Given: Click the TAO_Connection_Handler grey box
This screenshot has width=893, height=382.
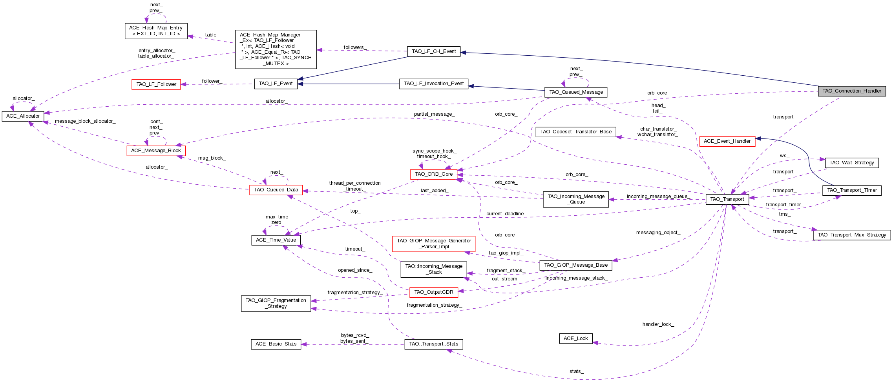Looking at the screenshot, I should pos(851,91).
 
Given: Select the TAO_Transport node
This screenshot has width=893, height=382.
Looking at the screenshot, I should pos(727,199).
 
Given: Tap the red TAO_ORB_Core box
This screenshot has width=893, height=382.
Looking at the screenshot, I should pos(433,174).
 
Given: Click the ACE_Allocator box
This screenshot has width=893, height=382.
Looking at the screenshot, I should pos(23,116).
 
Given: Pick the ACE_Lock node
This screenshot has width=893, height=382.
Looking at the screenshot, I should pos(575,338).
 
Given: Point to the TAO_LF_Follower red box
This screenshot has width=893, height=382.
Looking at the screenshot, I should pos(156,84).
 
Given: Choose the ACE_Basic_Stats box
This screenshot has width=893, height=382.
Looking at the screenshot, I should pos(276,344).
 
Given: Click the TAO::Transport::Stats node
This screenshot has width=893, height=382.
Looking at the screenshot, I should pos(433,344).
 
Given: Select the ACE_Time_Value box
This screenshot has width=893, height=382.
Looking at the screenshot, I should pos(276,240).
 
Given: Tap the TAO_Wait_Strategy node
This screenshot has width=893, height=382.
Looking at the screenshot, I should pos(851,163).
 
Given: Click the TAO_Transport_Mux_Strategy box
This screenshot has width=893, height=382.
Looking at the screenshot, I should pos(851,235).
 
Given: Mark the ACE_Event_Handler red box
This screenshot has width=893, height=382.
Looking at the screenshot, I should pos(727,141).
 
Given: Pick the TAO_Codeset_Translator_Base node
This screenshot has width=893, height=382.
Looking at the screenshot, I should pos(575,132).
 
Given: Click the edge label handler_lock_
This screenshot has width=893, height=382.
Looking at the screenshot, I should pos(658,324).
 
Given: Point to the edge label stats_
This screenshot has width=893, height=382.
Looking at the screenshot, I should pos(576,371).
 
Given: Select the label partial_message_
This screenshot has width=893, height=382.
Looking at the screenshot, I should pos(434,114).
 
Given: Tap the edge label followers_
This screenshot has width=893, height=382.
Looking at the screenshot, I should pos(355,47).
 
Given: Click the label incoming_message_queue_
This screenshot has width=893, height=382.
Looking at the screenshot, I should pos(658,196).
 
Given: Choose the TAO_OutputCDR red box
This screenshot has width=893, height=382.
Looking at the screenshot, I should pos(433,292).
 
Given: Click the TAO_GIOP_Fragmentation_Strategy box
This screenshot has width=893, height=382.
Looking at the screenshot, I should pos(276,303).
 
